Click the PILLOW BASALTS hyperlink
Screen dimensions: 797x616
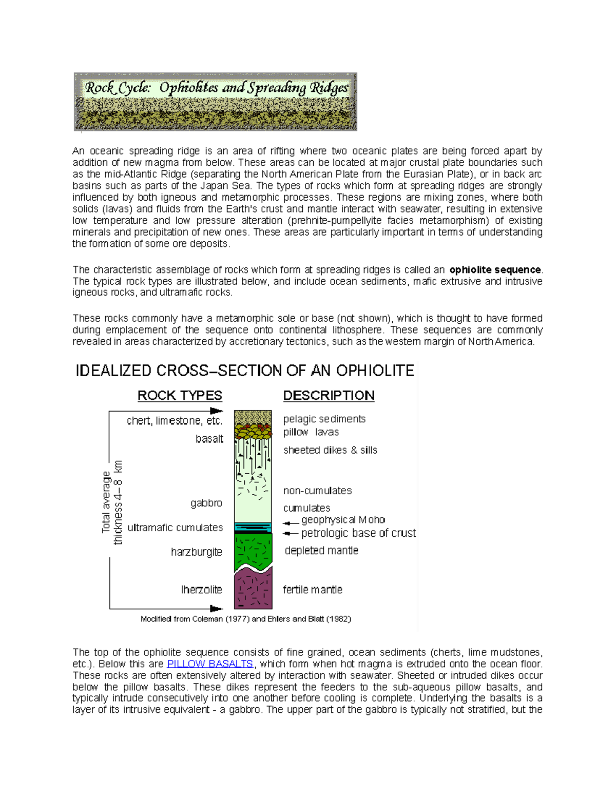pyautogui.click(x=210, y=664)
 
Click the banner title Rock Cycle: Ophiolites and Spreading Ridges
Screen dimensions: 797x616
pyautogui.click(x=216, y=88)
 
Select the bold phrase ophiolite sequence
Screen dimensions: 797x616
pyautogui.click(x=495, y=270)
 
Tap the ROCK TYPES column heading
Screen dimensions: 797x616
pyautogui.click(x=180, y=396)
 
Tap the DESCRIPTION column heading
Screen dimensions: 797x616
pyautogui.click(x=329, y=396)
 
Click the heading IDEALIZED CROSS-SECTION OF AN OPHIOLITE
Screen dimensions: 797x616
pyautogui.click(x=245, y=371)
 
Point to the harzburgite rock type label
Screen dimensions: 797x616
pyautogui.click(x=197, y=552)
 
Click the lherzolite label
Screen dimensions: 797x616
pyautogui.click(x=201, y=590)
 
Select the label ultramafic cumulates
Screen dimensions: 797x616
pyautogui.click(x=175, y=528)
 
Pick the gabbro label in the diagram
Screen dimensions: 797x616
pyautogui.click(x=206, y=503)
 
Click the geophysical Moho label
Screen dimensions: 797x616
pyautogui.click(x=343, y=520)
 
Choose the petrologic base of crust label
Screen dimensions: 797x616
pyautogui.click(x=358, y=533)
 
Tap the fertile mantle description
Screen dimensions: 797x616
pyautogui.click(x=313, y=590)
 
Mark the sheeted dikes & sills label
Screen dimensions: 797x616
pyautogui.click(x=330, y=450)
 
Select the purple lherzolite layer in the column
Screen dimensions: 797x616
pyautogui.click(x=253, y=590)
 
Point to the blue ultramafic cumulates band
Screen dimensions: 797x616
pyautogui.click(x=253, y=527)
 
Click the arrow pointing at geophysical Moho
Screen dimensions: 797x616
pyautogui.click(x=291, y=523)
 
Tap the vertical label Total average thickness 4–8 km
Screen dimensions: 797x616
pyautogui.click(x=112, y=502)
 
